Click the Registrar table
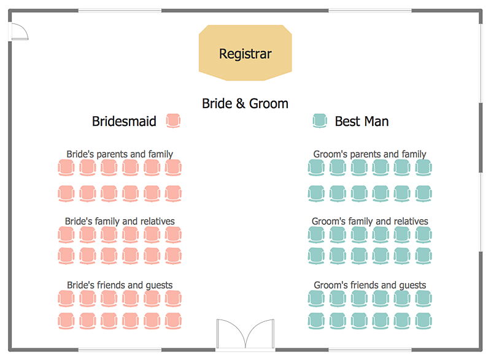click(245, 53)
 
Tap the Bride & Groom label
click(245, 103)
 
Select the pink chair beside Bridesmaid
click(174, 121)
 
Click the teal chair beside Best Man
click(319, 121)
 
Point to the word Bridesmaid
click(124, 121)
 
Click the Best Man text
click(361, 121)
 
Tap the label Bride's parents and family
click(120, 154)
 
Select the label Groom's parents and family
click(369, 154)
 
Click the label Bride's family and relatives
click(120, 221)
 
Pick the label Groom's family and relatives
click(369, 221)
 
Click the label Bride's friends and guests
click(120, 285)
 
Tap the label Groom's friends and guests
click(369, 285)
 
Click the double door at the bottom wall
click(245, 335)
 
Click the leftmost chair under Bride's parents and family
click(66, 167)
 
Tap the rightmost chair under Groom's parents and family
click(423, 167)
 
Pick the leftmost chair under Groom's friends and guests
click(315, 299)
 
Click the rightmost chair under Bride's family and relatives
click(173, 234)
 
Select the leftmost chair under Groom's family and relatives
click(315, 234)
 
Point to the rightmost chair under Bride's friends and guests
click(173, 299)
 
